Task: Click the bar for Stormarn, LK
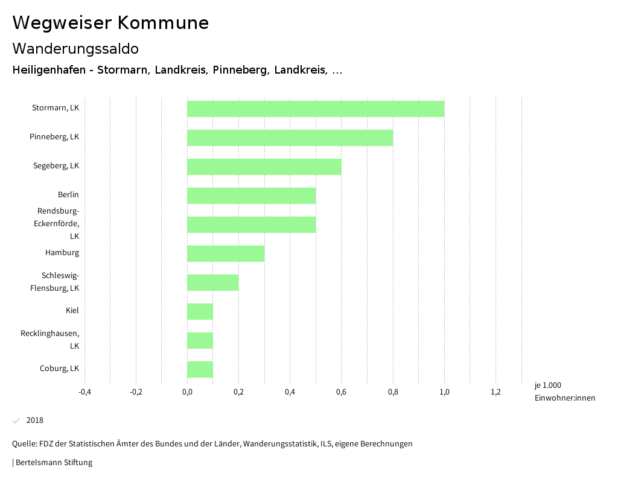(316, 109)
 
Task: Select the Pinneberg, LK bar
(290, 138)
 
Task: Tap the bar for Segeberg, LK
(264, 166)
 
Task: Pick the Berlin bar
(251, 195)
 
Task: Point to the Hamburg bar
(226, 253)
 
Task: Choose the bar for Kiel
(200, 311)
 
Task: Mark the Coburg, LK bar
(200, 369)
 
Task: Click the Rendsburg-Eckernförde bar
(251, 224)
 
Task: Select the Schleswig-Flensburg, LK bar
(212, 282)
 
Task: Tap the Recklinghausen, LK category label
(50, 340)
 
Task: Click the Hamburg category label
(62, 253)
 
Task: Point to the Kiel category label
(72, 311)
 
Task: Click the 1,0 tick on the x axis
(444, 392)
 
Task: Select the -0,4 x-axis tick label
(84, 392)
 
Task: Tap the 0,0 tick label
(187, 392)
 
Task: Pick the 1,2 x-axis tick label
(495, 392)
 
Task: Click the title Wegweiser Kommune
(110, 23)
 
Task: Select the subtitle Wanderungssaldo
(75, 48)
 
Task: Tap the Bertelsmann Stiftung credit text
(53, 463)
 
